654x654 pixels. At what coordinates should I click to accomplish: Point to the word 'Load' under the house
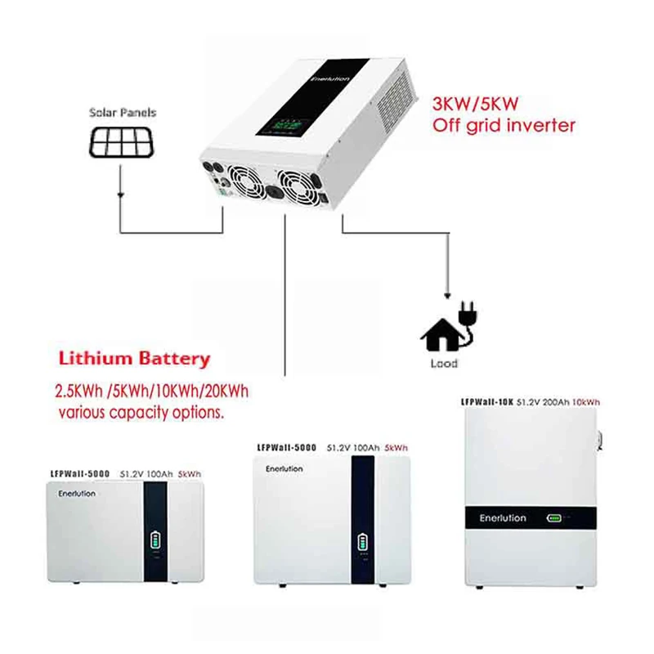pos(443,363)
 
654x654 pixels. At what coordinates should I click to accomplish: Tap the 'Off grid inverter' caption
pos(504,126)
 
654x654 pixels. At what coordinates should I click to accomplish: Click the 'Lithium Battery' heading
pos(134,359)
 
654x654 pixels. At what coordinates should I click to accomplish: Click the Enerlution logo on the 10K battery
pos(504,518)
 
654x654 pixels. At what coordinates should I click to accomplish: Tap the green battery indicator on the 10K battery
pos(555,518)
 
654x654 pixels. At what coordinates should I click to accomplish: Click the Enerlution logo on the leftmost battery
pos(77,494)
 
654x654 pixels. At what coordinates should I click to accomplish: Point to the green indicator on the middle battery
pos(364,544)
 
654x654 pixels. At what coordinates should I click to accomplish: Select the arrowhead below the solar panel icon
pos(121,195)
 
